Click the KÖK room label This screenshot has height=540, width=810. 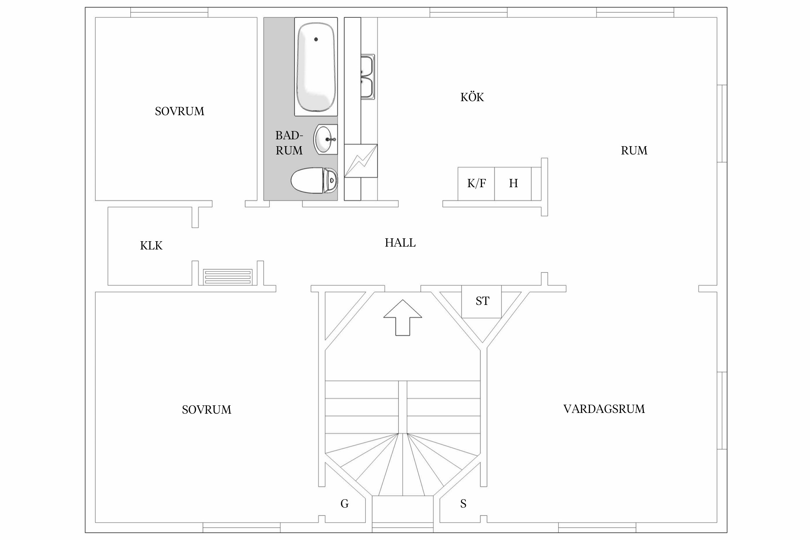(x=472, y=97)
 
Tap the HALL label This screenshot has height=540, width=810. (x=400, y=243)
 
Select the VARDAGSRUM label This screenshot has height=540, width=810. (x=604, y=409)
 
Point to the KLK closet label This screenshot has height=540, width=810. (x=151, y=246)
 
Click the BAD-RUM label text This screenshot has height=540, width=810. (x=289, y=143)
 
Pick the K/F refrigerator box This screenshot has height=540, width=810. (x=476, y=184)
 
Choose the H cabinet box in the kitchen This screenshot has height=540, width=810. (x=513, y=184)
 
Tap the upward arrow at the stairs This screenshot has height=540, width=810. (x=402, y=318)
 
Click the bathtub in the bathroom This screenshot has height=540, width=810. (x=316, y=67)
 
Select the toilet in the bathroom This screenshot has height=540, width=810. (x=314, y=180)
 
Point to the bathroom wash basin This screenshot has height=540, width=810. (x=326, y=139)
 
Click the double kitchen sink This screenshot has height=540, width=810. (x=368, y=77)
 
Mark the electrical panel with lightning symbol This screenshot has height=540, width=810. (x=361, y=161)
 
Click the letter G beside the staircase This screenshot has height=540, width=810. (x=345, y=504)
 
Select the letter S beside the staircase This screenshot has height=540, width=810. (x=463, y=504)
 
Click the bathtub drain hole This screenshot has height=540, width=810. (x=316, y=39)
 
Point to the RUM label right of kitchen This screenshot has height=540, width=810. (x=634, y=150)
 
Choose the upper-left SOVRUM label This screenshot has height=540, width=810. (x=180, y=112)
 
